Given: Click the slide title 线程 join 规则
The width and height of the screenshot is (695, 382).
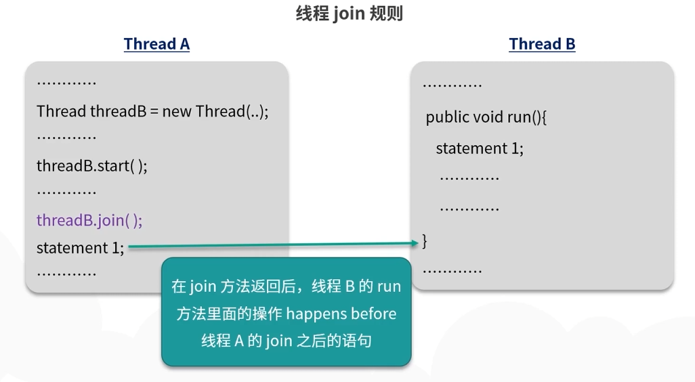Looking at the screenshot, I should (349, 14).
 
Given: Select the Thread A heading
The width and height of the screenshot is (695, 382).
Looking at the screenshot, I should (156, 45).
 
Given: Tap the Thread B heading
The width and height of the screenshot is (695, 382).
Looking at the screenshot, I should (542, 45).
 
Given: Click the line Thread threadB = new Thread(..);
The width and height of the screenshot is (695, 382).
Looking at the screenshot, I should (152, 111).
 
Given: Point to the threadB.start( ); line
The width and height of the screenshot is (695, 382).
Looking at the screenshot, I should (91, 166).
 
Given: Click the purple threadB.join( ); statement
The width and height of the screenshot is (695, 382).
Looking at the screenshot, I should (89, 221).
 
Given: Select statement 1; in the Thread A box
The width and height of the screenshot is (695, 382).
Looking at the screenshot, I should (80, 248).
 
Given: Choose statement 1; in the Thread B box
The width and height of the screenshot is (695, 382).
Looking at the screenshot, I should (480, 148).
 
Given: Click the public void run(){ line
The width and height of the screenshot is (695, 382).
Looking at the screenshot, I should (486, 117).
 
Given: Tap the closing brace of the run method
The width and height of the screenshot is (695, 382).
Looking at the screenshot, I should (425, 240).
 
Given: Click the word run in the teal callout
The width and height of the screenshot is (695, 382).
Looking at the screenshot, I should (389, 286).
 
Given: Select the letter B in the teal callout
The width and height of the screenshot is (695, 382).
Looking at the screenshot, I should (350, 286).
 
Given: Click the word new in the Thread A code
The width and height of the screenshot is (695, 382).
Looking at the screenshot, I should (177, 111).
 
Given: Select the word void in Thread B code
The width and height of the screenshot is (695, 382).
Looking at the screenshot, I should (488, 117).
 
